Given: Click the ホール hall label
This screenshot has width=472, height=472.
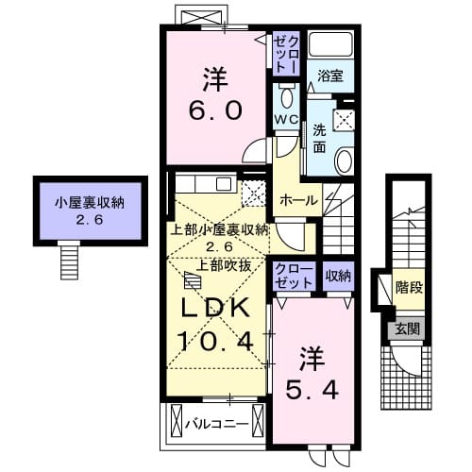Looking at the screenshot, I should pos(299,200).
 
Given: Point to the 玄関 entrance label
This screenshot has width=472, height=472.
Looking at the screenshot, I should pos(409,329).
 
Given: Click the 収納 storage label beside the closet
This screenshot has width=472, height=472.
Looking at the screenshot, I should pos(339,276).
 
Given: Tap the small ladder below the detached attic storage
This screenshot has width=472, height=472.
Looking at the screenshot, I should pos(71,254).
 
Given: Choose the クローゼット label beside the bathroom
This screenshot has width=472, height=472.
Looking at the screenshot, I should pos(286,53).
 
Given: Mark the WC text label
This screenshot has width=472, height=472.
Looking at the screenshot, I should pos(286,120).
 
